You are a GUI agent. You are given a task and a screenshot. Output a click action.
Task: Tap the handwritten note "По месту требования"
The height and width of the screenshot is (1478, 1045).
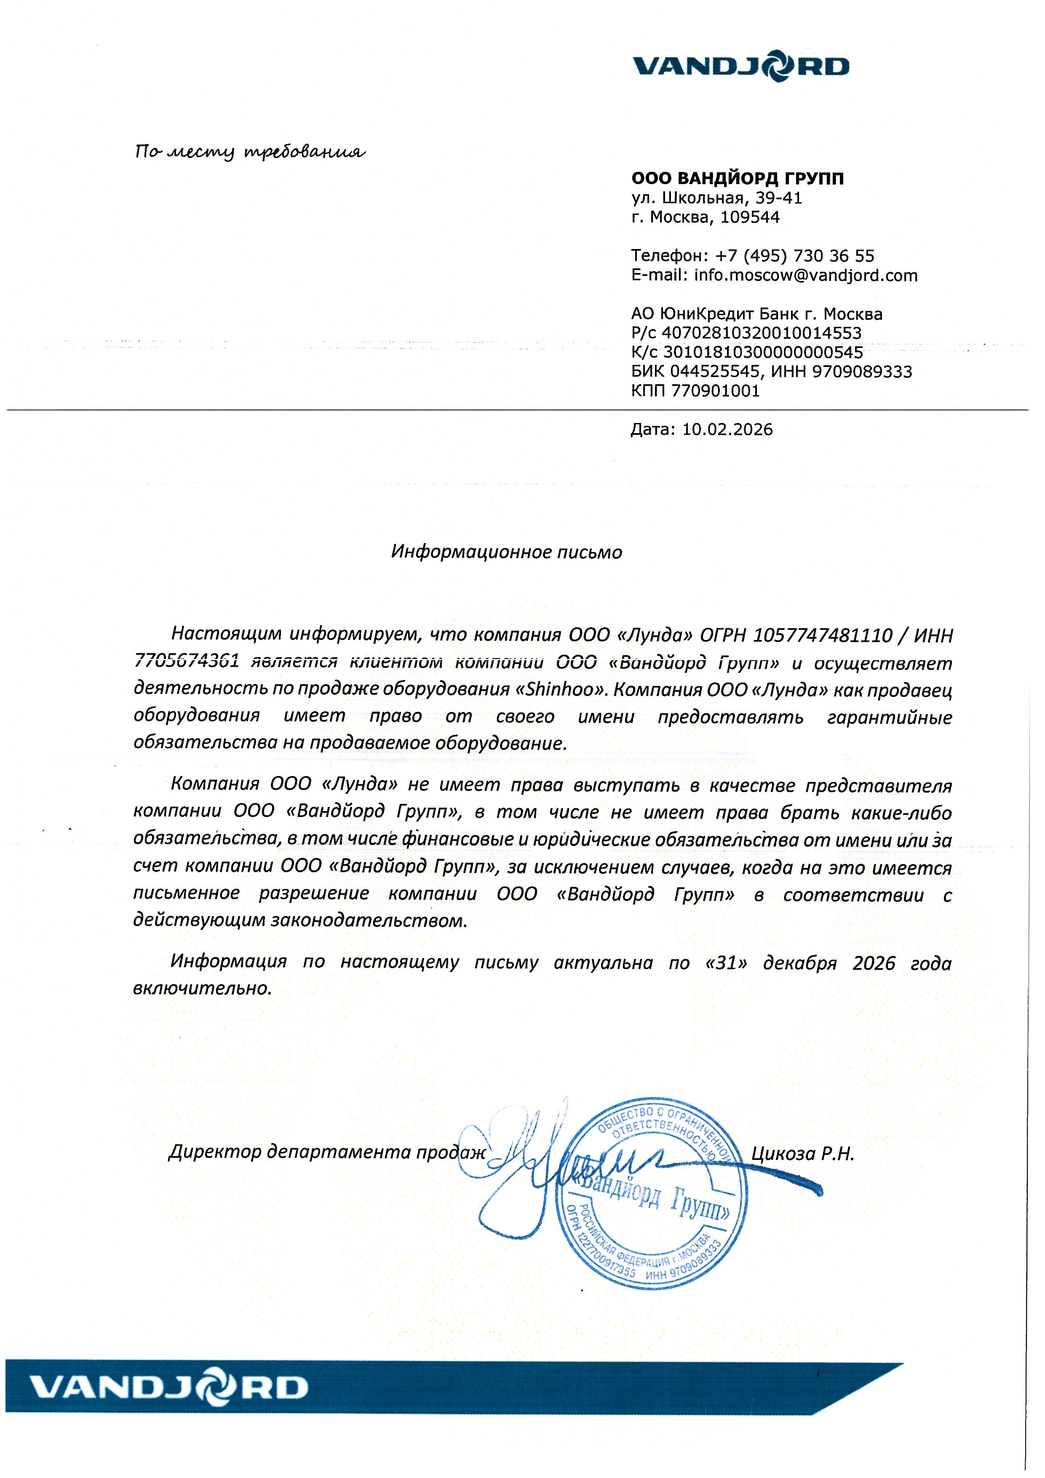250,153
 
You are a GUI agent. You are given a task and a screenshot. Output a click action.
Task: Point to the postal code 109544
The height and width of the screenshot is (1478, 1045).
750,217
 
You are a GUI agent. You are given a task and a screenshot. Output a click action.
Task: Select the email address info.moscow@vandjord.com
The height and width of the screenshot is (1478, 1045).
806,276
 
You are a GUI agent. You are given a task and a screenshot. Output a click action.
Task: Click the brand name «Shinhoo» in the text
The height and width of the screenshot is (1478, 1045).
561,690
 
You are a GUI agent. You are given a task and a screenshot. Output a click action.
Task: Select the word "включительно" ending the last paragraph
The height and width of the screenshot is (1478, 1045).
202,989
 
